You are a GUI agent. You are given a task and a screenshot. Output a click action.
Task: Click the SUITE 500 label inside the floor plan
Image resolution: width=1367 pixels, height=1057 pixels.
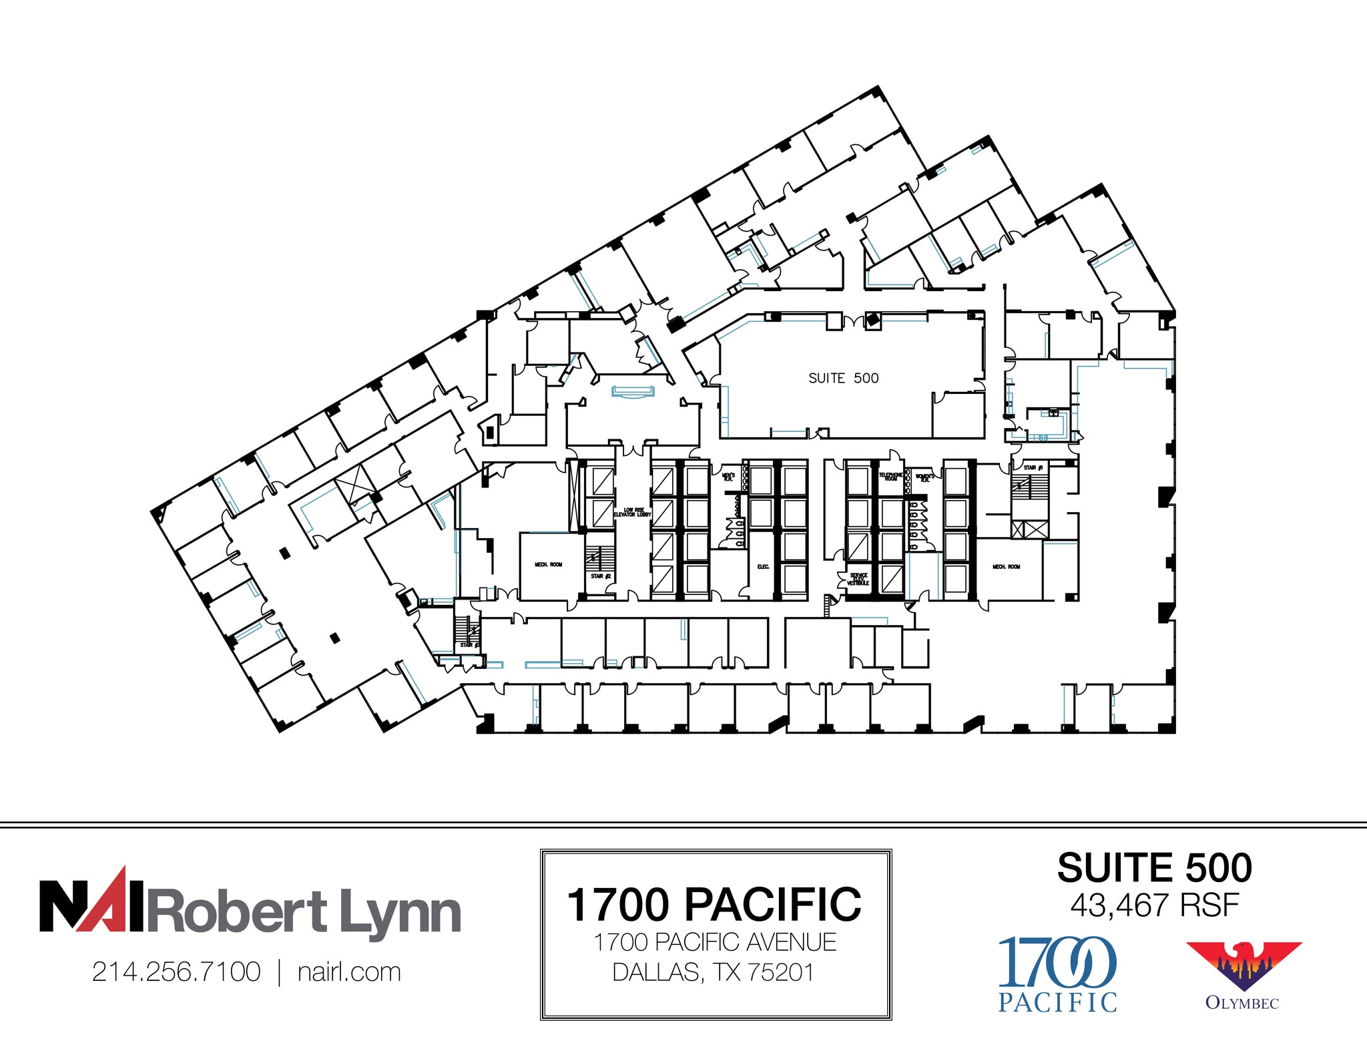(843, 379)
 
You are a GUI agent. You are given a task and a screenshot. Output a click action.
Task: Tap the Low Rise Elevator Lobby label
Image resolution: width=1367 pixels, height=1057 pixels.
(632, 512)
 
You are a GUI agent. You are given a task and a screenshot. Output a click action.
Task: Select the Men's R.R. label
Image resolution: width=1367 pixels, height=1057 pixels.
(728, 477)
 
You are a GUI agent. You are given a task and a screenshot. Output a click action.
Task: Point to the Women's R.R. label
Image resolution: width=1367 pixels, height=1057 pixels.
(924, 477)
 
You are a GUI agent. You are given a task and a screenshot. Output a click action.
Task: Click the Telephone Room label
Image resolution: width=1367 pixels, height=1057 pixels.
(890, 476)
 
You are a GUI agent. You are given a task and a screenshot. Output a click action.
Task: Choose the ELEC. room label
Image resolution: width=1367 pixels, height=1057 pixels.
(763, 567)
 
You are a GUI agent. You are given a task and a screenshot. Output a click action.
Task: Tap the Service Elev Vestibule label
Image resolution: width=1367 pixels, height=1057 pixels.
(858, 579)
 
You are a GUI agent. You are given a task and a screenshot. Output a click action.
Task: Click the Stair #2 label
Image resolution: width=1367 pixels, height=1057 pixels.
(600, 576)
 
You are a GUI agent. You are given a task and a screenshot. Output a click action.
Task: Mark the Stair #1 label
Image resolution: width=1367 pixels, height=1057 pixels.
(1033, 467)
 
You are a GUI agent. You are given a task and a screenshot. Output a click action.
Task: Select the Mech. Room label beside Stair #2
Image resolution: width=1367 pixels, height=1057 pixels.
(548, 565)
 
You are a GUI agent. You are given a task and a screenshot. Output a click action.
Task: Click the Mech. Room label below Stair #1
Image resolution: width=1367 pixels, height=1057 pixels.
(1006, 567)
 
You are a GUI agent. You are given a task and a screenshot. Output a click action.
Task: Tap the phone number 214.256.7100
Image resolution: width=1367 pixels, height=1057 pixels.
(176, 972)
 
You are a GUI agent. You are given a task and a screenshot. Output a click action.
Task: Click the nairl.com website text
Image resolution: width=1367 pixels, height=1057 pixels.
(349, 972)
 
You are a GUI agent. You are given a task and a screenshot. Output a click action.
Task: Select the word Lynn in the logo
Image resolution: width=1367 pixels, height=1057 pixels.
(400, 913)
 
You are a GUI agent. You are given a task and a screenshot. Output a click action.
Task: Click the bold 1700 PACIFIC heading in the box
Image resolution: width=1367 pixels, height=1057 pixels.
(714, 905)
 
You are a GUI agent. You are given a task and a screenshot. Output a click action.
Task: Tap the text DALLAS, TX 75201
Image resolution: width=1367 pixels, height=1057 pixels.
(714, 972)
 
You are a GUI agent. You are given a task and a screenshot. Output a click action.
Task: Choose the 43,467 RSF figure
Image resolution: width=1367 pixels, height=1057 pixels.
(1154, 905)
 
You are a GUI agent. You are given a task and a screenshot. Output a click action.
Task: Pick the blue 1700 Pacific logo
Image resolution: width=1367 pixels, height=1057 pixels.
(1057, 973)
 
